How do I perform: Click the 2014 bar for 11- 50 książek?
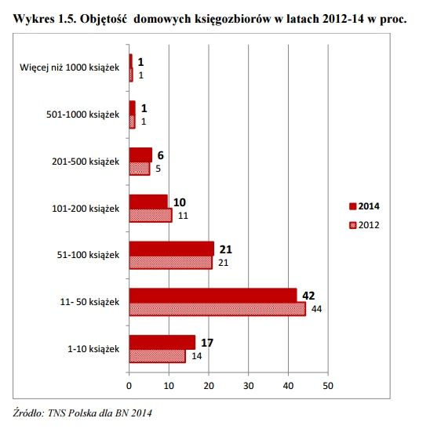coord(213,296)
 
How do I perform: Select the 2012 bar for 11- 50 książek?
coord(217,309)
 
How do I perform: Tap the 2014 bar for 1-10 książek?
coord(162,343)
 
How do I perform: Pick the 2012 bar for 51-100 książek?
coord(170,262)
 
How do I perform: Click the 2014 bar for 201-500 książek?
coord(140,155)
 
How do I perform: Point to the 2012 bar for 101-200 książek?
coord(151,216)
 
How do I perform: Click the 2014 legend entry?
coord(364,206)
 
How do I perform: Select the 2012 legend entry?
coord(364,225)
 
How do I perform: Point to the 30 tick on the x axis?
coord(249,386)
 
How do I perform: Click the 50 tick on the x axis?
coord(328,386)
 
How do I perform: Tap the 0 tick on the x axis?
coord(129,386)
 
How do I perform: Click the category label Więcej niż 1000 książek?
coord(69,67)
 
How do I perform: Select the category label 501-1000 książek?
coord(83,115)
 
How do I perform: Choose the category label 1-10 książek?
coord(93,349)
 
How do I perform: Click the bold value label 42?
coord(308,296)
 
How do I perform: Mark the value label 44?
coord(316,309)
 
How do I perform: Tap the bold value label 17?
coord(207,343)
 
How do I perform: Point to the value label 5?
coord(158,169)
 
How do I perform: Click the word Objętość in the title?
coord(104,19)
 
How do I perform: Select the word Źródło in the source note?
coord(28,413)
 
